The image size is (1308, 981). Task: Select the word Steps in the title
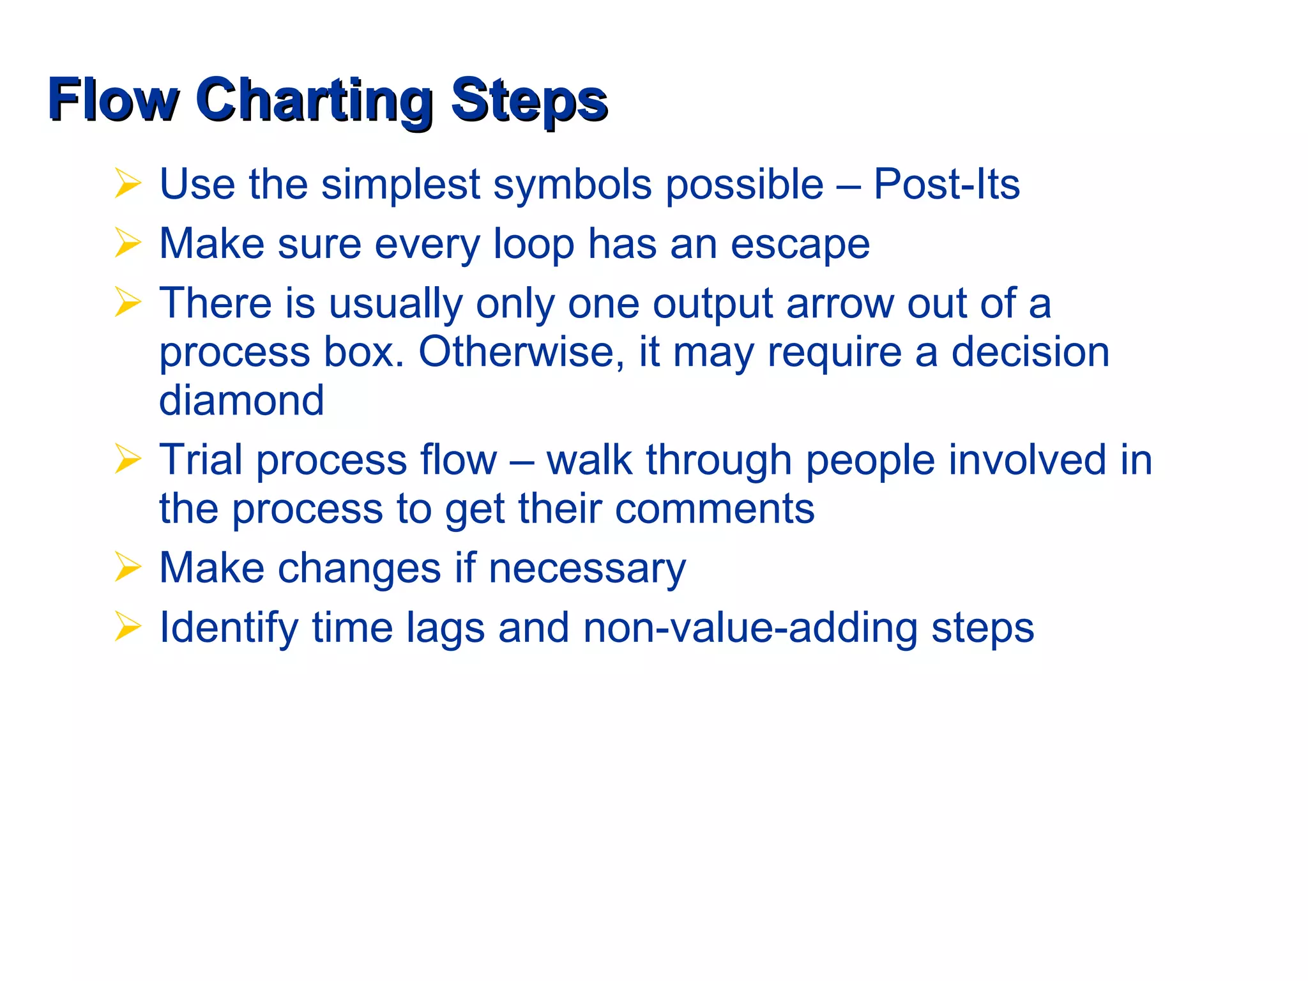click(x=529, y=100)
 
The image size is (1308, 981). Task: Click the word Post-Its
click(x=946, y=185)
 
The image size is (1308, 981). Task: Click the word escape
click(x=800, y=245)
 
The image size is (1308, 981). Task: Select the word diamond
click(x=241, y=400)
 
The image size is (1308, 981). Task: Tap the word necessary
click(x=586, y=568)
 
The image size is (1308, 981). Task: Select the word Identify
click(x=228, y=629)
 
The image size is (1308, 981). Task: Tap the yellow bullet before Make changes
click(x=128, y=567)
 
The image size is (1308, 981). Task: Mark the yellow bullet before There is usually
click(x=128, y=302)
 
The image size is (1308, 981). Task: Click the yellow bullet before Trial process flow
click(x=128, y=459)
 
